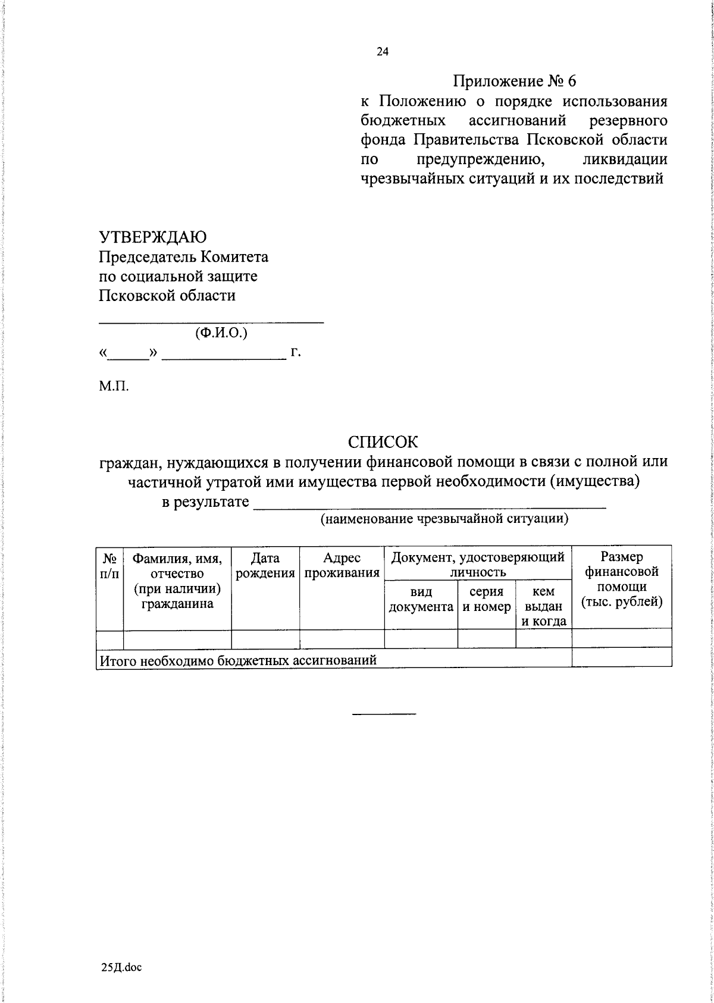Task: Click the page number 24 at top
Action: click(383, 52)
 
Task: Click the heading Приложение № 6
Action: click(515, 81)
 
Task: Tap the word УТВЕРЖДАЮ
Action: click(153, 237)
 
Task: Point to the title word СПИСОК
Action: click(383, 442)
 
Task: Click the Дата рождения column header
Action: click(265, 566)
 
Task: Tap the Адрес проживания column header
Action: click(342, 566)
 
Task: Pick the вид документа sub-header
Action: click(421, 600)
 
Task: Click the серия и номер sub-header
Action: click(487, 600)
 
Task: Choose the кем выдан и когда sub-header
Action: click(544, 606)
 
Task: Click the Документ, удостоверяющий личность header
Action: click(478, 565)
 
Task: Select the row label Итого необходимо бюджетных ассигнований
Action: click(238, 660)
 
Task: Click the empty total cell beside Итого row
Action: click(622, 657)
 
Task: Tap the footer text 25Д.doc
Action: click(121, 967)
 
